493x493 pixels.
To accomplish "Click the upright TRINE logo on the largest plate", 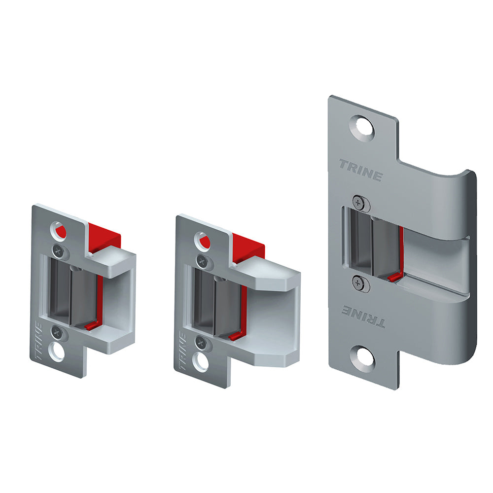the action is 361,170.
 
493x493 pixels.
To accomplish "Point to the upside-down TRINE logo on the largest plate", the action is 363,316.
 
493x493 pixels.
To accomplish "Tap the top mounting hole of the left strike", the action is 59,230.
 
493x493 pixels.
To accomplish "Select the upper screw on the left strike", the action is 59,251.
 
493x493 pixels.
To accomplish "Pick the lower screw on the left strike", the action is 58,331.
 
